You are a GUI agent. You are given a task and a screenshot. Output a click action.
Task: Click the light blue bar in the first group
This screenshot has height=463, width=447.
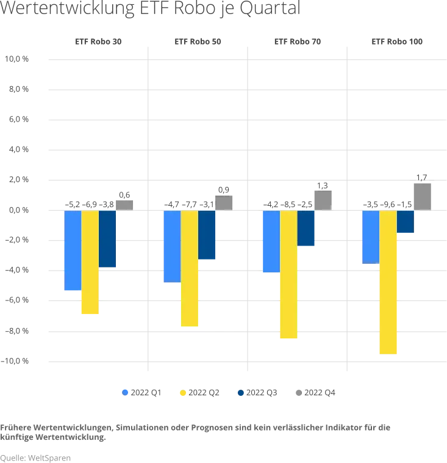point(73,250)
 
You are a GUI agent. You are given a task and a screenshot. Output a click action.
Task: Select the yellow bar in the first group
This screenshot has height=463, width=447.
point(90,263)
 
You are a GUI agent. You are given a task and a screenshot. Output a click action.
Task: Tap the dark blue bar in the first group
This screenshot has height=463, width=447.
point(107,239)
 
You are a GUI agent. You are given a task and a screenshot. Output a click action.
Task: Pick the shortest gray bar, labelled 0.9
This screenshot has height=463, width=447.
point(124,203)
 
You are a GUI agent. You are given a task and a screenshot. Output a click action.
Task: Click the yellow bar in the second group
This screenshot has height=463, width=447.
point(190,269)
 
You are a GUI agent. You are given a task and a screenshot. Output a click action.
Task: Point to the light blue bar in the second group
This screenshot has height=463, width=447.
point(171,247)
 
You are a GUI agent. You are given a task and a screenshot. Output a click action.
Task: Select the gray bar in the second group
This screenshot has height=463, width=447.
point(224,202)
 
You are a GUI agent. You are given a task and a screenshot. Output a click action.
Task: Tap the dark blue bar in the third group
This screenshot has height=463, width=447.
point(307,228)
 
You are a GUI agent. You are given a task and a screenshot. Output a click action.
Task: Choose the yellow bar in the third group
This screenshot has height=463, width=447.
point(288,275)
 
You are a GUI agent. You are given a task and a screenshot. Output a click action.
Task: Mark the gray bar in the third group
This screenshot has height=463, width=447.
point(322,200)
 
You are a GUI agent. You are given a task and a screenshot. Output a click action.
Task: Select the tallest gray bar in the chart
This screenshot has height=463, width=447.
point(421,195)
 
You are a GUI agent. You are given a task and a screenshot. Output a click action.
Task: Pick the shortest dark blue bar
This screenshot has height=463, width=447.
point(406,222)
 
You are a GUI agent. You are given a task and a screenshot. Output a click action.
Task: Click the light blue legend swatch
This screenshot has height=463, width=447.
point(127,392)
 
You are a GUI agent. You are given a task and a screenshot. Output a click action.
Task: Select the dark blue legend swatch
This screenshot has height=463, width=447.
point(241,392)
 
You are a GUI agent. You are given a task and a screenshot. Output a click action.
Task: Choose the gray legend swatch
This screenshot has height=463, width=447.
point(298,392)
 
